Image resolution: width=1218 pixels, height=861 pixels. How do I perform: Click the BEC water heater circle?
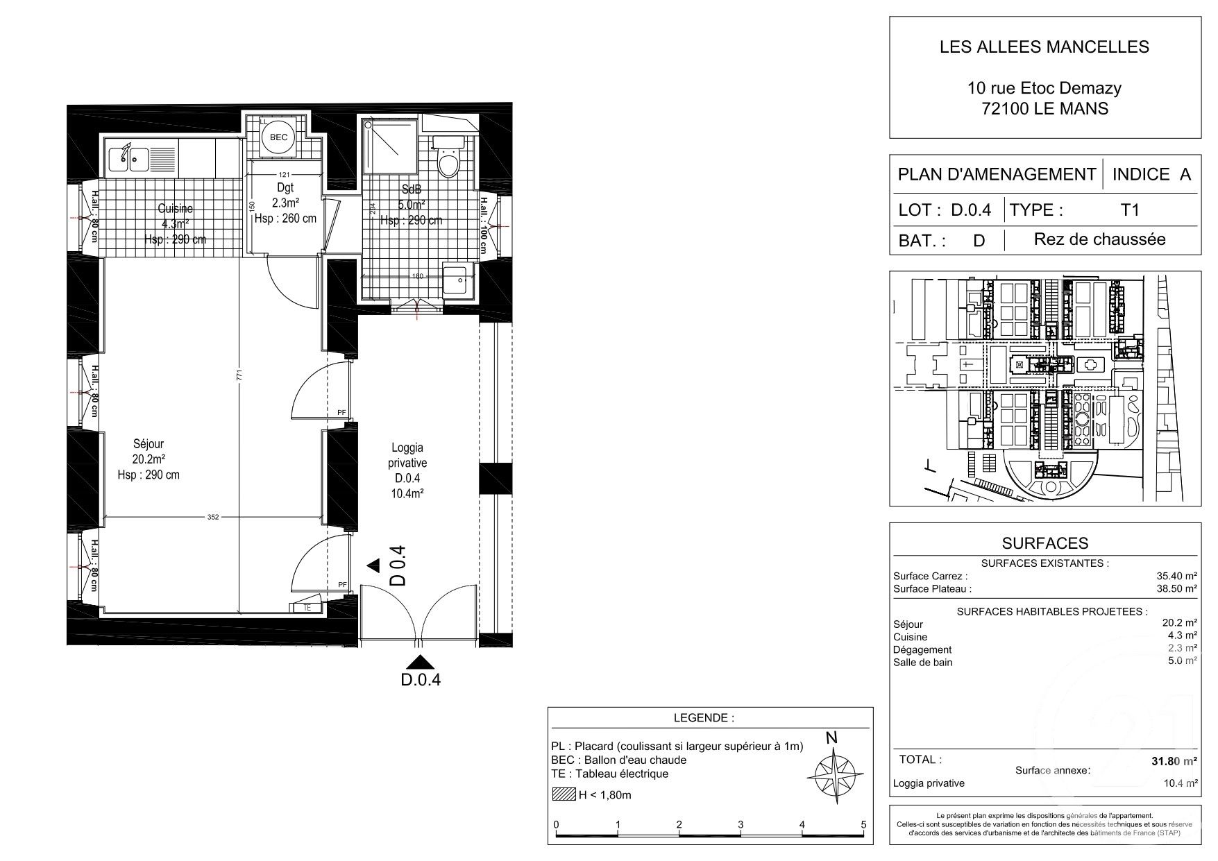[x=278, y=137]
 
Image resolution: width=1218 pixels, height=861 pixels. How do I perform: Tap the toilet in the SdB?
[x=448, y=162]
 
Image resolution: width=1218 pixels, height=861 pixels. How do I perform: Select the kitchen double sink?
[x=128, y=159]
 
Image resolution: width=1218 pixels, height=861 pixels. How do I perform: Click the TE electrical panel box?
[x=306, y=607]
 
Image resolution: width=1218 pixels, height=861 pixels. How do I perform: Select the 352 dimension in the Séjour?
[x=213, y=516]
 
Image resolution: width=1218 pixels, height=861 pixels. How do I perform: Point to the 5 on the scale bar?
[x=863, y=825]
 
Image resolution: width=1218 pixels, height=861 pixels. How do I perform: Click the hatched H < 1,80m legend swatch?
[x=564, y=795]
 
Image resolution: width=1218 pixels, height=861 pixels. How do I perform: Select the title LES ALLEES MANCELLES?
[x=1044, y=47]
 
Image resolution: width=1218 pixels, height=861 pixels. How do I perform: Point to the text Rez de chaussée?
[x=1099, y=239]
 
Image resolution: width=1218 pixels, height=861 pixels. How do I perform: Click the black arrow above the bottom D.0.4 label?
[x=418, y=662]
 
